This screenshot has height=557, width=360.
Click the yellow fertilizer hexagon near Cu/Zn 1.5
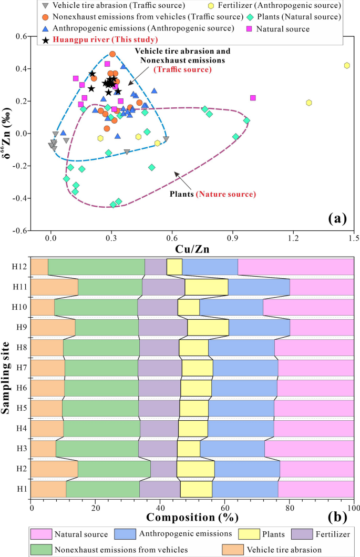(x=347, y=65)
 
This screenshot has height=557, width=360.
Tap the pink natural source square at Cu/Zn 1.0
(x=253, y=98)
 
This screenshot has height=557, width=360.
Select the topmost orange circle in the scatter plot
(x=112, y=54)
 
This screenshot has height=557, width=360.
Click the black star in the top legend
(x=46, y=39)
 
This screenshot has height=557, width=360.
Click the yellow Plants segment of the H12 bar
(x=174, y=267)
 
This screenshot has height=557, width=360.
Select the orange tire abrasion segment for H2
(x=54, y=469)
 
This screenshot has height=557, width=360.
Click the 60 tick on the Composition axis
(x=225, y=508)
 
